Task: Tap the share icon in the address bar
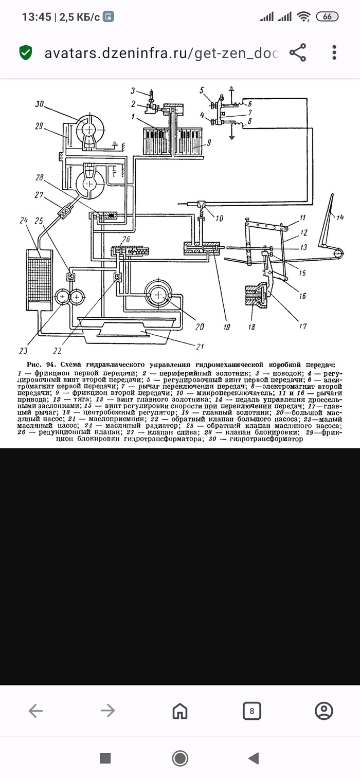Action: point(298,52)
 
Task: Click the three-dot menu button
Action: point(334,52)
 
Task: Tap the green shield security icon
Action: point(26,52)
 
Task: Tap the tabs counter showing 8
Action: point(251,711)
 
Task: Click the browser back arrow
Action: point(35,711)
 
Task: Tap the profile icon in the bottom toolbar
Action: point(323,711)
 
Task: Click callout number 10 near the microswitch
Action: point(220,218)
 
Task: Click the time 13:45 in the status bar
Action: point(36,17)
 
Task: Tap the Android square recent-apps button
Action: point(105,758)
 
